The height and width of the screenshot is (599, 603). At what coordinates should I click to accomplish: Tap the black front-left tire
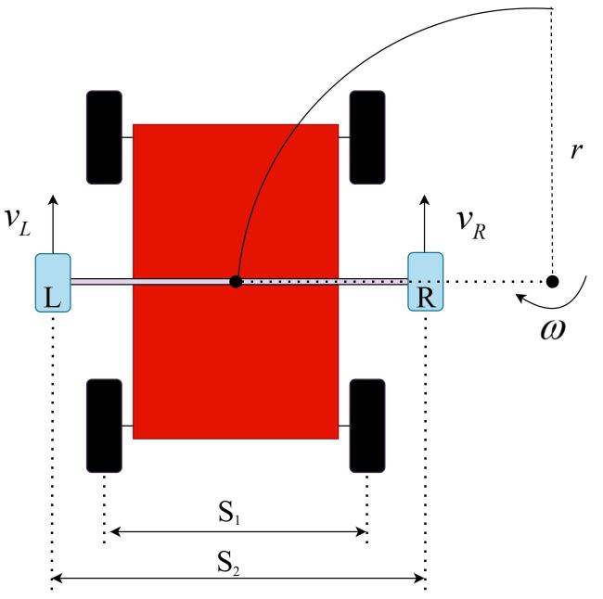(103, 136)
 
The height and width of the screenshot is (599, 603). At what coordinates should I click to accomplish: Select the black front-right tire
(366, 136)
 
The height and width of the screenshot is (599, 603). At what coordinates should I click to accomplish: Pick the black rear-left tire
(103, 426)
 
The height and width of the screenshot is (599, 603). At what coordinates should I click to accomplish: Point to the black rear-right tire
(366, 426)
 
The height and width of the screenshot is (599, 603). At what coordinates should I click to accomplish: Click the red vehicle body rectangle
(235, 352)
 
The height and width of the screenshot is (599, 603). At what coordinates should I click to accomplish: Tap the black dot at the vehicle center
(237, 281)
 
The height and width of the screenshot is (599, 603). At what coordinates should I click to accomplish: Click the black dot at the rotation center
(552, 281)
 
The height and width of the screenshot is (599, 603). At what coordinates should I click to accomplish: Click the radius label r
(576, 151)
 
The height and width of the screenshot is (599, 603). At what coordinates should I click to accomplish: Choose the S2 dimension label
(239, 563)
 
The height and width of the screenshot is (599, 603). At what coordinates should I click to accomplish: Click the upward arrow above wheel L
(52, 223)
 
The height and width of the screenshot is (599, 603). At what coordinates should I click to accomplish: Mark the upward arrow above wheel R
(426, 223)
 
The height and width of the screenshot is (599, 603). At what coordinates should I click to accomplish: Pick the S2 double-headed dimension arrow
(239, 580)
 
